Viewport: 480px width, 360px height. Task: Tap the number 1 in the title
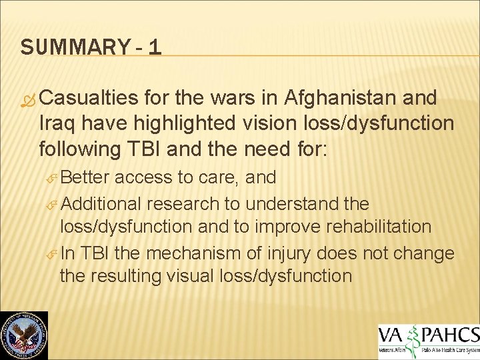click(155, 47)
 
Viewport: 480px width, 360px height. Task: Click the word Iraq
click(57, 123)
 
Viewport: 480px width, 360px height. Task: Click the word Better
click(86, 178)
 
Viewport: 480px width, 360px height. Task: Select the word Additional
click(105, 202)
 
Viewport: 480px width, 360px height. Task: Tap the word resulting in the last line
click(131, 276)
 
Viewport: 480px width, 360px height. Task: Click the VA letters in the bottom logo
click(393, 334)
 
